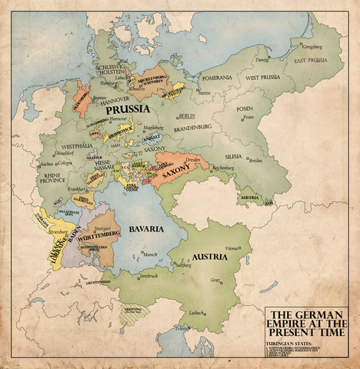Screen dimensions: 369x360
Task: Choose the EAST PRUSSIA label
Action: pos(298,66)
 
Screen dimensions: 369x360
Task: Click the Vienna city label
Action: pos(232,248)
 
